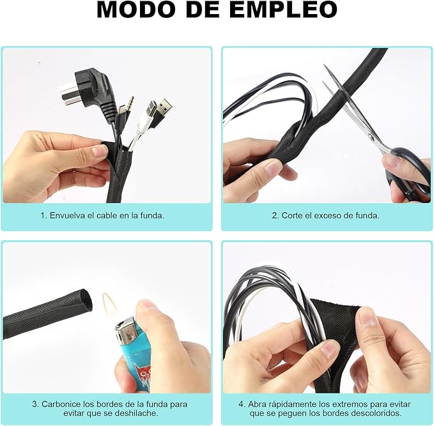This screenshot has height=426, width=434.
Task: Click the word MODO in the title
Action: pos(136,10)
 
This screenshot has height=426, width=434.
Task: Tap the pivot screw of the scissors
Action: pos(371,137)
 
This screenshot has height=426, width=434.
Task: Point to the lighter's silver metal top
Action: pos(126,331)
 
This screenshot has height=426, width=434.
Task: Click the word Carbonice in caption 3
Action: pos(61,404)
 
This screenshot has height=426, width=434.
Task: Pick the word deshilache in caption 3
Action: pos(136,414)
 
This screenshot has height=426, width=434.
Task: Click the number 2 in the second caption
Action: pos(274,215)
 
